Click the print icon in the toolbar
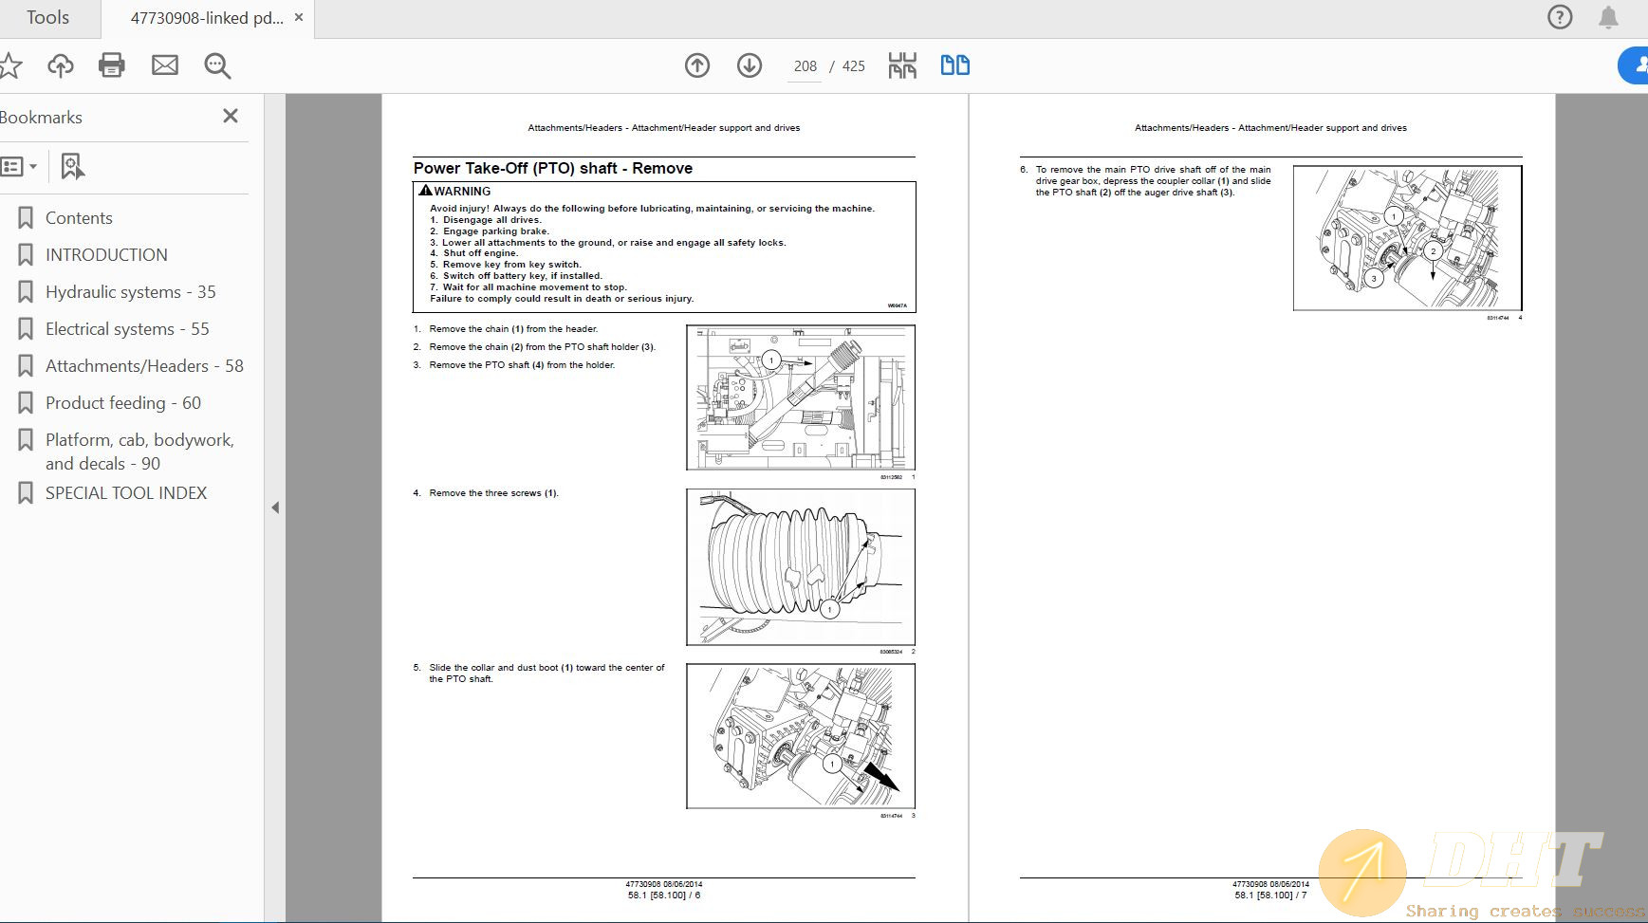[112, 65]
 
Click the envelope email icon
[165, 65]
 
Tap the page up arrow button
[697, 65]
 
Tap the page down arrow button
[750, 65]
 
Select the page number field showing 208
[805, 66]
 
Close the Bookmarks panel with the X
[231, 116]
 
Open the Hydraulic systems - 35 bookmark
[130, 292]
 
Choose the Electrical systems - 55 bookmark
[127, 329]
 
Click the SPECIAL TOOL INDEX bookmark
[125, 493]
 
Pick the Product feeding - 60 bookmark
[122, 403]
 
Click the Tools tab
[47, 18]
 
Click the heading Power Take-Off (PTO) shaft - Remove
[553, 168]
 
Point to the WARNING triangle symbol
[425, 191]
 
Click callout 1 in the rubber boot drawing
[829, 609]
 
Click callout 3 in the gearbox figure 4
[1374, 279]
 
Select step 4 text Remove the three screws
[493, 493]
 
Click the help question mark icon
[1560, 17]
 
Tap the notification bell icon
[1608, 17]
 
